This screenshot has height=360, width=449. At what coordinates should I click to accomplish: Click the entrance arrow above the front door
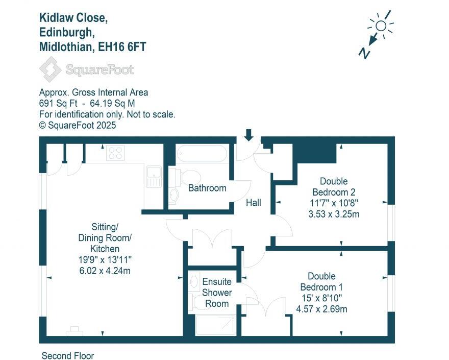point(249,134)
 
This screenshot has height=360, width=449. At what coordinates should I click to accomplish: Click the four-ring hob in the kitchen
point(116,153)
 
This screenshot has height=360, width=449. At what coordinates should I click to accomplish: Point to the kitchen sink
point(153,176)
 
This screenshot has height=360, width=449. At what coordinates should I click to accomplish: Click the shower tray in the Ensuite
point(215,325)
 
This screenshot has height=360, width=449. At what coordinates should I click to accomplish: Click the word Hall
point(254,203)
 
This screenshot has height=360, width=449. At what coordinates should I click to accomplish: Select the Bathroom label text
point(207,188)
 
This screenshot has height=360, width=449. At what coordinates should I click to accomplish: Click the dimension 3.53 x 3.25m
point(334,214)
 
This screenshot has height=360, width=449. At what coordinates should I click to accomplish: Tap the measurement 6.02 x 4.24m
point(105,271)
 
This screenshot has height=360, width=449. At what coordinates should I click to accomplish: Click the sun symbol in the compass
point(380,26)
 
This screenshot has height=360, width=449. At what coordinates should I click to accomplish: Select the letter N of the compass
point(364,52)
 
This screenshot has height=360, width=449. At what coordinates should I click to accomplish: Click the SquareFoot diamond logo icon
point(51,69)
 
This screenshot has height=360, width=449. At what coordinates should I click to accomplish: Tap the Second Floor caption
point(68,355)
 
